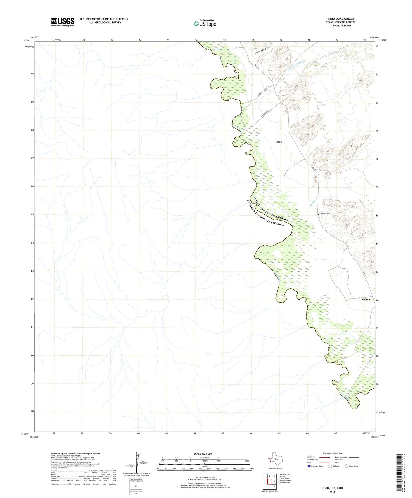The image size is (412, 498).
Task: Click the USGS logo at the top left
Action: click(62, 22)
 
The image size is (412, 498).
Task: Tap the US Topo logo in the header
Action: click(205, 24)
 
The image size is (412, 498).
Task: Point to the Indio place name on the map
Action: click(279, 142)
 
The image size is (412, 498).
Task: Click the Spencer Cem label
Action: click(325, 213)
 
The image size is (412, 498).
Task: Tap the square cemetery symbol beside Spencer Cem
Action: click(318, 214)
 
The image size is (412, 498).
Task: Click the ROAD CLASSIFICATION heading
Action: click(332, 453)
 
